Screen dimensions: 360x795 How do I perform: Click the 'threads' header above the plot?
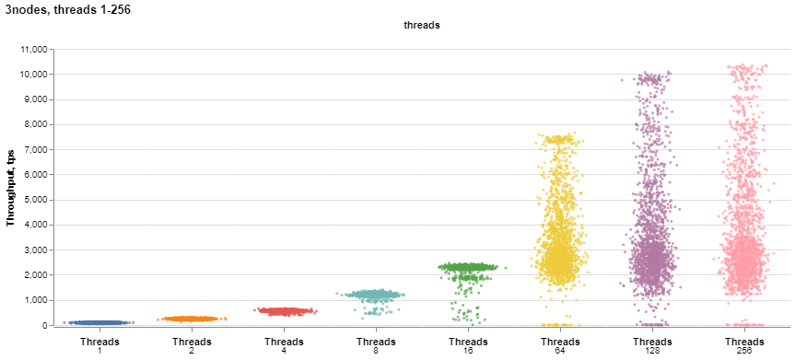422,26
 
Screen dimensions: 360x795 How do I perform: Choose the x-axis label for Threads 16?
467,345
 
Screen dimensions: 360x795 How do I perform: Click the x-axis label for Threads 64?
559,345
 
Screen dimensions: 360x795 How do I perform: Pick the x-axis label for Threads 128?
651,345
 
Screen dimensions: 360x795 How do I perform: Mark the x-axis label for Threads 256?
743,345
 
